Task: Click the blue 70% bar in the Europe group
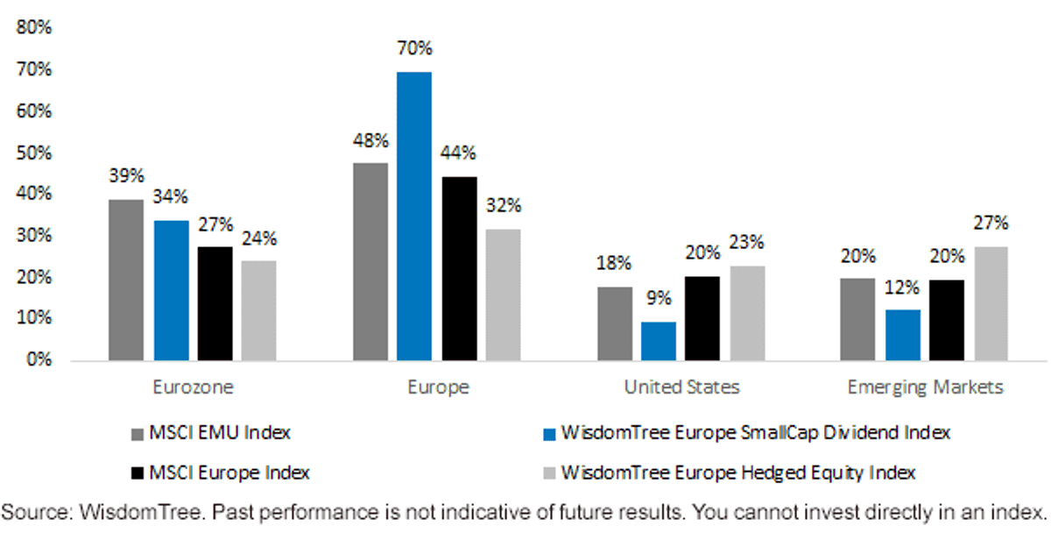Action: click(414, 216)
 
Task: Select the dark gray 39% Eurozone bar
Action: click(126, 280)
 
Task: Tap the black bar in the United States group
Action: click(702, 318)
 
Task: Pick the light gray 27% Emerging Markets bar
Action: click(991, 303)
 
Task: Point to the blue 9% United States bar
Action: click(659, 341)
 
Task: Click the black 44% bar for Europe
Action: click(459, 268)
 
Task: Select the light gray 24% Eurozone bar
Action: click(259, 310)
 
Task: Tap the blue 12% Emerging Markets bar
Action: click(903, 335)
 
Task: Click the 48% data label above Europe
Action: click(370, 140)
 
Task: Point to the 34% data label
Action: click(170, 196)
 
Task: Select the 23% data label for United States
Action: click(746, 242)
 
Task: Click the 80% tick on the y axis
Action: click(34, 27)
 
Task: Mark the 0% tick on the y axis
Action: click(39, 359)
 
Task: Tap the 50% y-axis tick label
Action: click(34, 153)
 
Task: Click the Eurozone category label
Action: click(193, 387)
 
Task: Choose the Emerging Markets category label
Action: click(925, 387)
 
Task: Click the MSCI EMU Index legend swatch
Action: click(137, 434)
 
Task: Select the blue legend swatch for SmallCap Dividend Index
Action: click(549, 434)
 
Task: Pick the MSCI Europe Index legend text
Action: click(229, 472)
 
